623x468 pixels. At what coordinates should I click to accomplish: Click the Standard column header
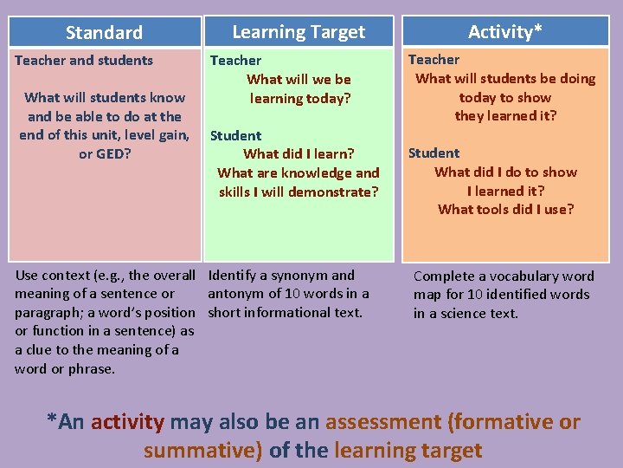(x=104, y=33)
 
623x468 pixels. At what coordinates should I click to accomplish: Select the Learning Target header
(x=299, y=32)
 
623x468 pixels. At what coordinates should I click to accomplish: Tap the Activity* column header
(x=505, y=32)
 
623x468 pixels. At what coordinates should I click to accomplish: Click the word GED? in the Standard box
(x=113, y=154)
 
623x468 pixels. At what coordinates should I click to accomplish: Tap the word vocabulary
(x=527, y=276)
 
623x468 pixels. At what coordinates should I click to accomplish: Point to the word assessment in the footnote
(x=382, y=422)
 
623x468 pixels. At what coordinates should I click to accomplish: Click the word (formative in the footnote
(x=503, y=422)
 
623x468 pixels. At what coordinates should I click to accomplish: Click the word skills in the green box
(x=234, y=192)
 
